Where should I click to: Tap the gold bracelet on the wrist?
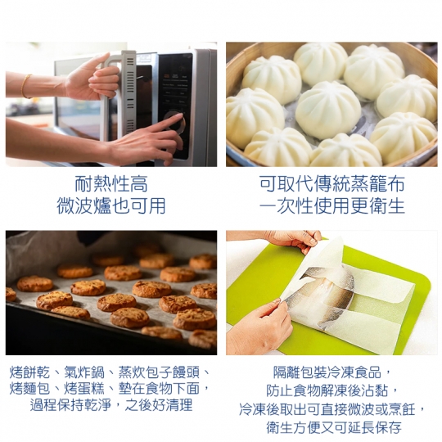click(26, 86)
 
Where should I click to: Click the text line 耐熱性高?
click(111, 184)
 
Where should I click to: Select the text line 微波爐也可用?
click(111, 205)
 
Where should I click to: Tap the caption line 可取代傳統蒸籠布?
click(332, 184)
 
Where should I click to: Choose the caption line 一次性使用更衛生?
click(332, 205)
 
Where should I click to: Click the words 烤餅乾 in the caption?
click(30, 372)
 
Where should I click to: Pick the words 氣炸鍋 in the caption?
click(84, 372)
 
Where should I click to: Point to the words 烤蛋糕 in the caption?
click(84, 389)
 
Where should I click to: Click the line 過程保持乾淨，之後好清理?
click(111, 405)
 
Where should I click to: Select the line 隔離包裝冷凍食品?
click(327, 372)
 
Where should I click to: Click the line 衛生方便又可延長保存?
click(334, 427)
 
